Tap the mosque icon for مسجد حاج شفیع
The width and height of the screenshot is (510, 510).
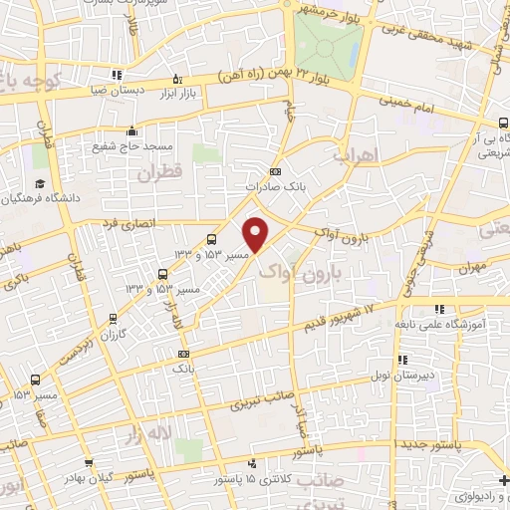132,130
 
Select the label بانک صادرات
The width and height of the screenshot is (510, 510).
274,186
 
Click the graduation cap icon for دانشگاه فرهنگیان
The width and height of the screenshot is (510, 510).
40,183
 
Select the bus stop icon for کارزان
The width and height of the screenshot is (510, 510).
114,321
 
